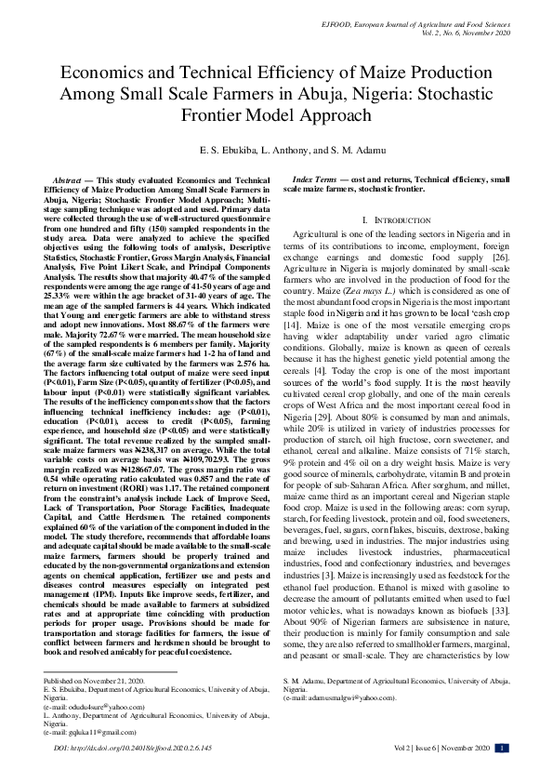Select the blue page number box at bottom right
point(502,747)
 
